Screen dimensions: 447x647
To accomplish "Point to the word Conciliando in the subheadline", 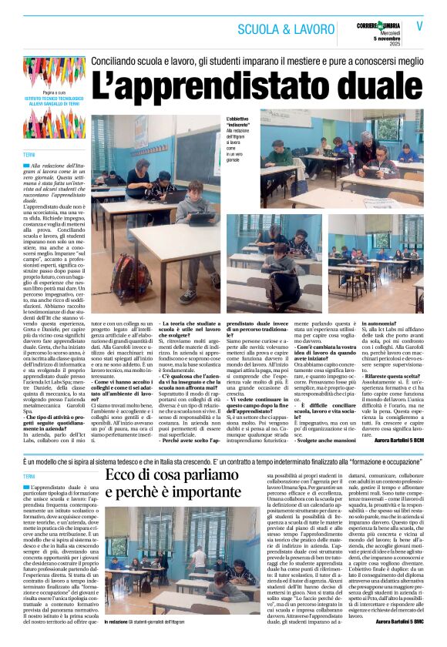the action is (x=118, y=59).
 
